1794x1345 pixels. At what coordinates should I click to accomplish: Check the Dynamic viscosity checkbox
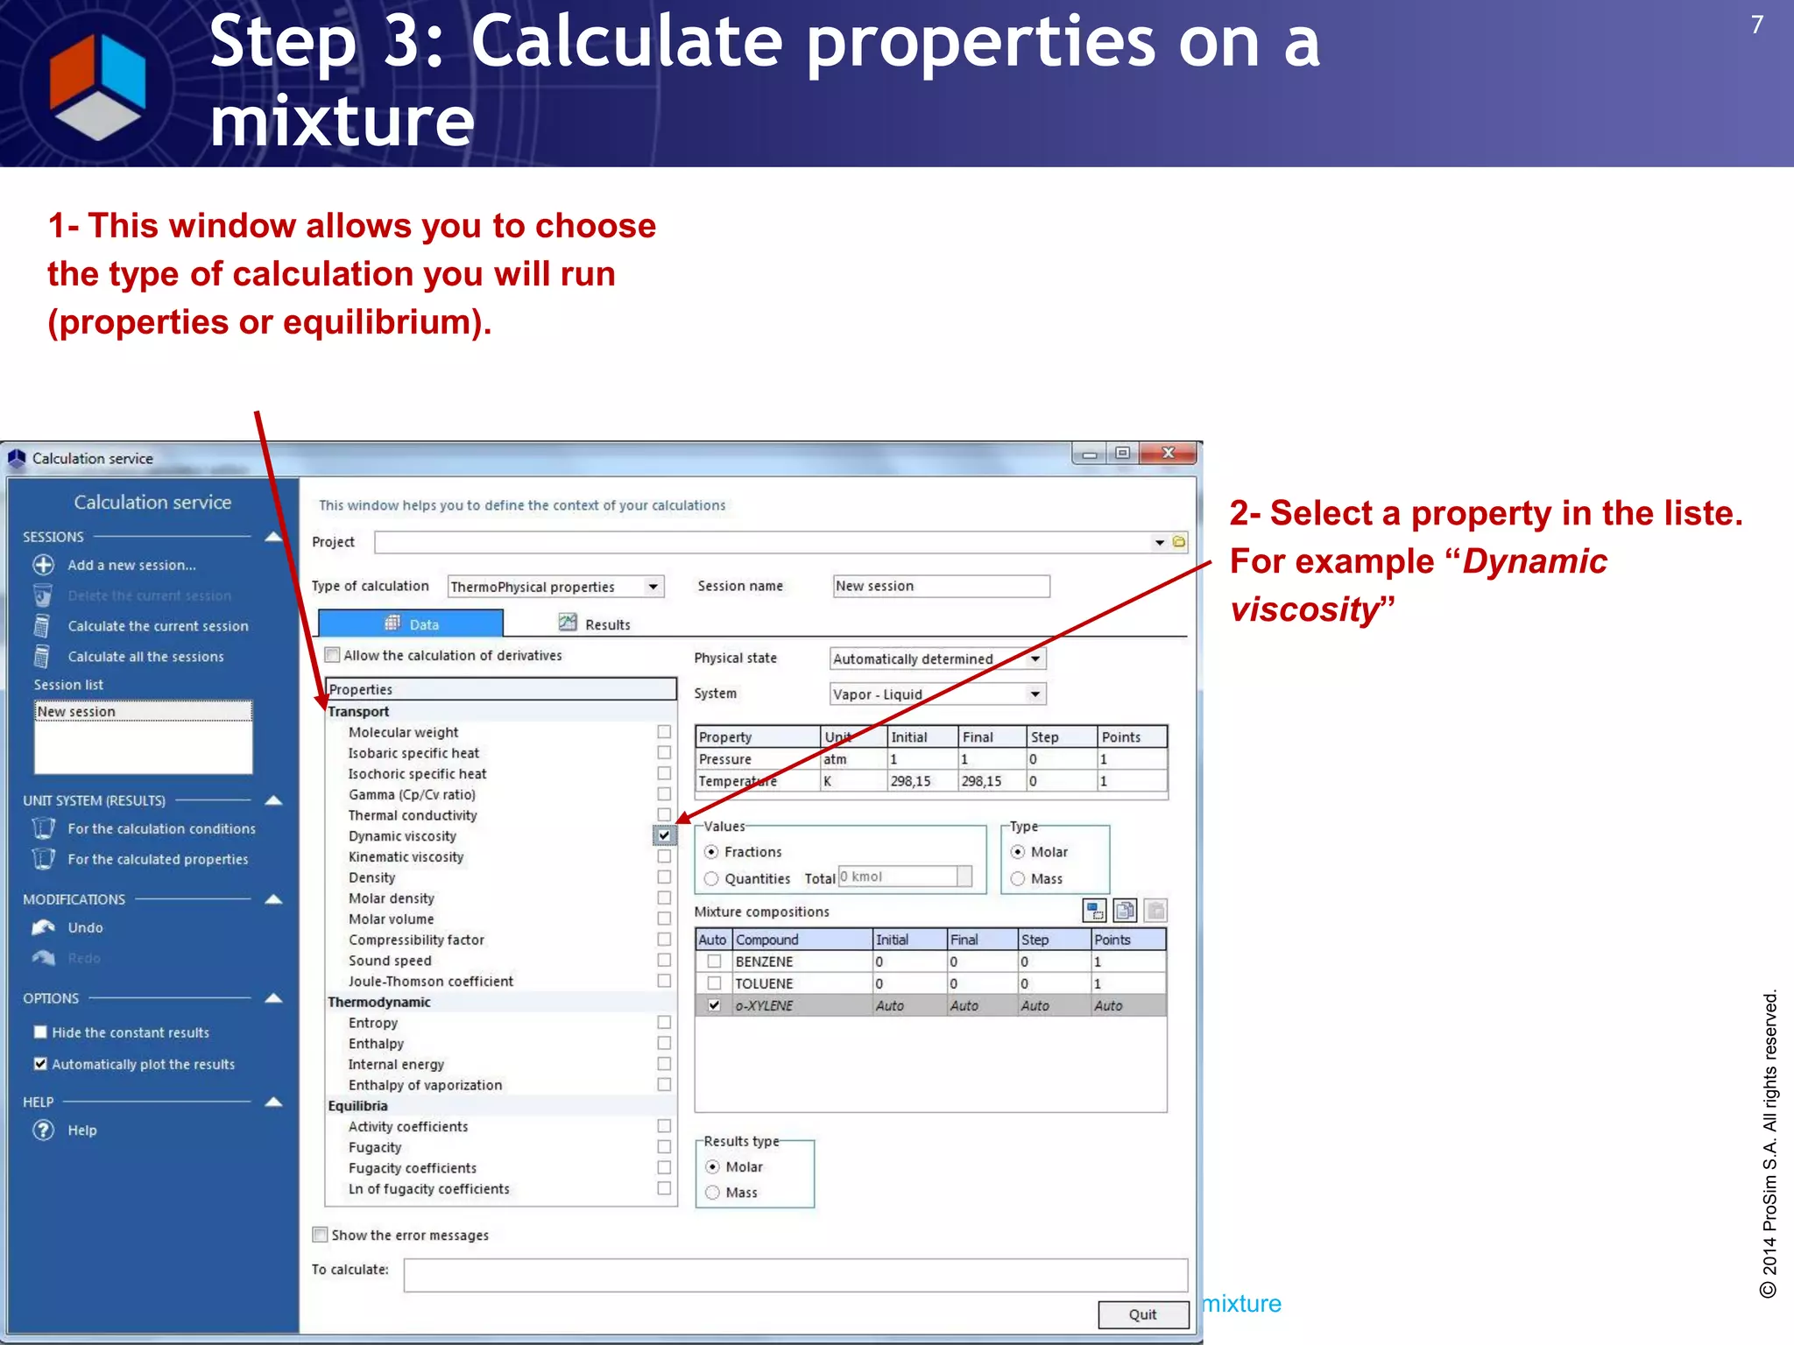point(664,835)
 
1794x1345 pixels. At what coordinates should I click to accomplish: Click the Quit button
point(1142,1314)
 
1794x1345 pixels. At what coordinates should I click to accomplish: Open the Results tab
point(595,623)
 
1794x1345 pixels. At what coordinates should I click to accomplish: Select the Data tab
point(411,623)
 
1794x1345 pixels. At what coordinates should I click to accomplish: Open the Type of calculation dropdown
point(653,587)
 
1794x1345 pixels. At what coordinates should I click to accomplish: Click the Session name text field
point(941,586)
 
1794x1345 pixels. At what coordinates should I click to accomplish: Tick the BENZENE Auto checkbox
point(714,961)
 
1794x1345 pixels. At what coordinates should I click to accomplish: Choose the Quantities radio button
point(711,878)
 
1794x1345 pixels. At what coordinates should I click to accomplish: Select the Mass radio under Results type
point(712,1193)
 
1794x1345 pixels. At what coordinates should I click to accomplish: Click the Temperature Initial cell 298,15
point(920,781)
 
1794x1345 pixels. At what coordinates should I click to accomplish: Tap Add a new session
point(131,565)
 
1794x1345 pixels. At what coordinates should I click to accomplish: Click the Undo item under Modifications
point(85,927)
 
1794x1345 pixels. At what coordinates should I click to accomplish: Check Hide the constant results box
point(40,1032)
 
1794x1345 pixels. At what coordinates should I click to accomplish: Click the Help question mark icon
point(43,1130)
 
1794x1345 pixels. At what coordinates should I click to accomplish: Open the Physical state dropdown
point(1035,658)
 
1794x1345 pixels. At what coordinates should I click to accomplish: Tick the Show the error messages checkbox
point(321,1235)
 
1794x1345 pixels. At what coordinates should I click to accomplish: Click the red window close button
point(1168,453)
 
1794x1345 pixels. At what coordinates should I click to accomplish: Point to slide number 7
point(1756,25)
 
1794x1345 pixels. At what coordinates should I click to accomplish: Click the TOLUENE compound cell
point(802,983)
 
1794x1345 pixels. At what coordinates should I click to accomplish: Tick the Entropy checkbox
point(664,1023)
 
